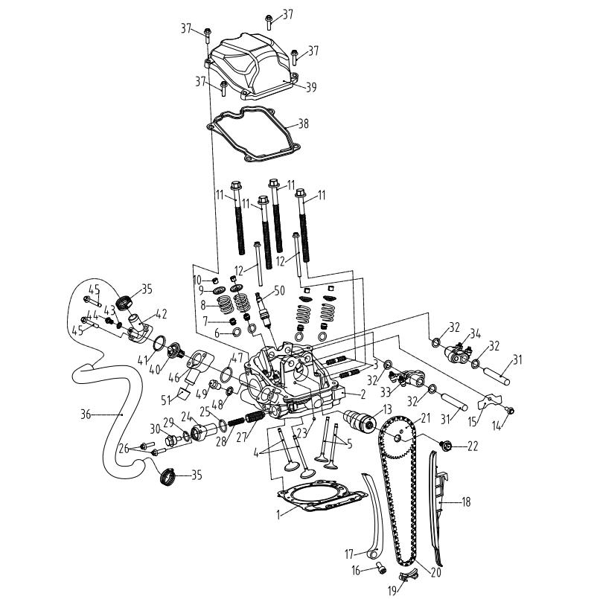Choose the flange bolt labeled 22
[x=449, y=445]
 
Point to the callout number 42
[x=161, y=313]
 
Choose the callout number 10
[x=197, y=279]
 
